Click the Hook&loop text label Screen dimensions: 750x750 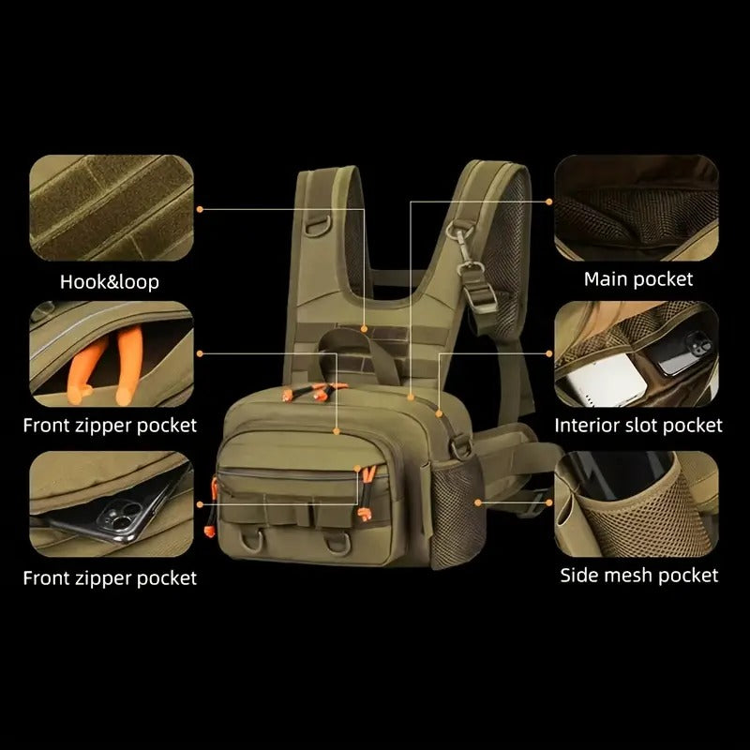tap(110, 281)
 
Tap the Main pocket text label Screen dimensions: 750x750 tap(638, 278)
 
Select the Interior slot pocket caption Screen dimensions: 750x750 tap(638, 426)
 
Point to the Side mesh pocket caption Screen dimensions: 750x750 tap(639, 575)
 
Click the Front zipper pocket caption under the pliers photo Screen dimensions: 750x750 tap(110, 426)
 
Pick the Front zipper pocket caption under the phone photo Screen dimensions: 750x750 tap(110, 577)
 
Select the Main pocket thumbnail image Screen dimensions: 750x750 tap(637, 208)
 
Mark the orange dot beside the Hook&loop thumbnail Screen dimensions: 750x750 tap(201, 209)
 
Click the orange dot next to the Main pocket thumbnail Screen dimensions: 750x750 tap(549, 200)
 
